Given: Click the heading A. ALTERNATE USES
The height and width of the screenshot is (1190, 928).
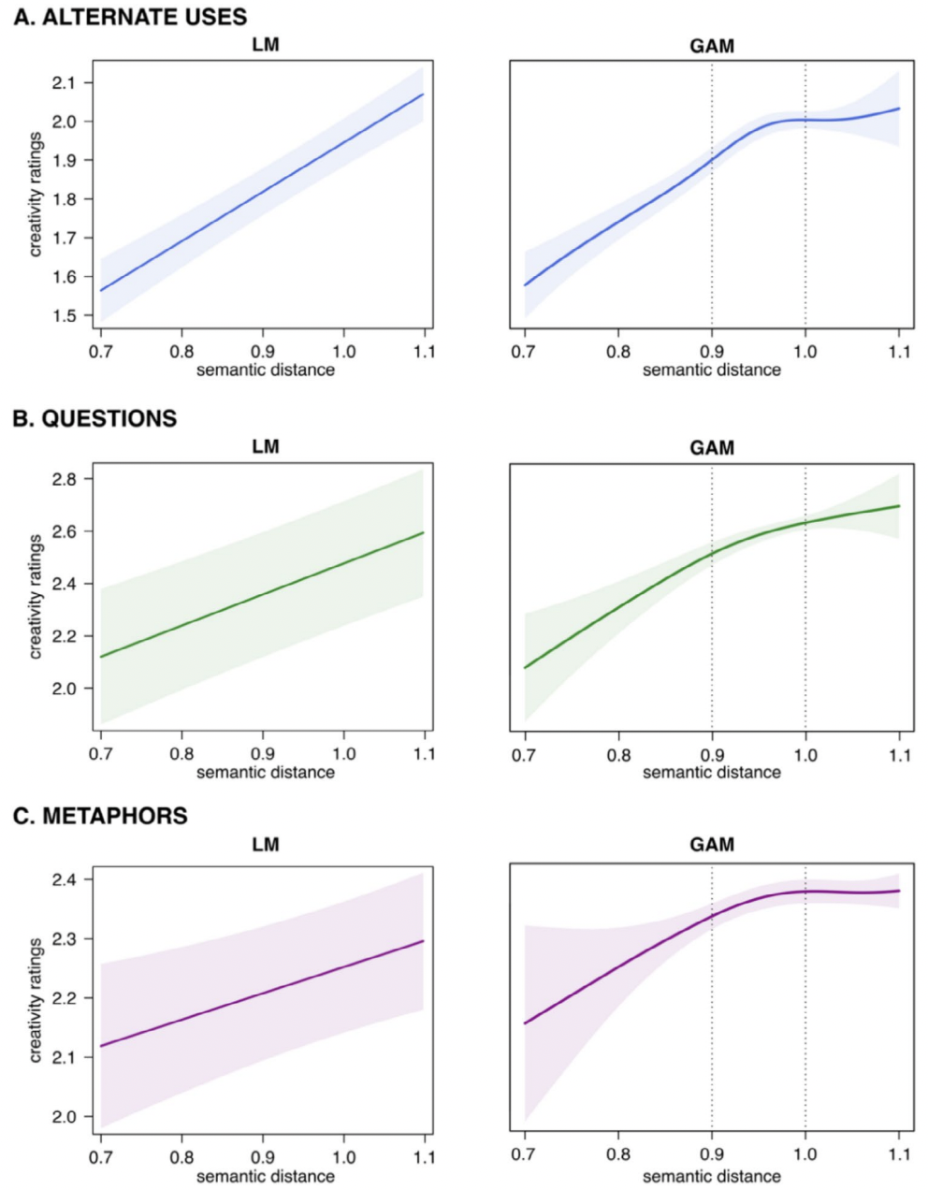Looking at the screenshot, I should point(130,16).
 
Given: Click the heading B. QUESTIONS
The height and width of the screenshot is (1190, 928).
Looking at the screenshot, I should point(94,418).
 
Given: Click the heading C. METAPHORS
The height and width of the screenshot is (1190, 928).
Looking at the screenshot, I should point(100,816).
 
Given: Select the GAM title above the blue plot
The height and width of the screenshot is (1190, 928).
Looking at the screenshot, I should point(711,46).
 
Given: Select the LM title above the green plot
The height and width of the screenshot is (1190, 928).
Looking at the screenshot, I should point(266,446).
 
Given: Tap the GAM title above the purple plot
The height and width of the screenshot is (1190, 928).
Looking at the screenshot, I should point(711,845).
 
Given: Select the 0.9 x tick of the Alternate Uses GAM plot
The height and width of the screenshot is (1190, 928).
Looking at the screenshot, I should point(712,352).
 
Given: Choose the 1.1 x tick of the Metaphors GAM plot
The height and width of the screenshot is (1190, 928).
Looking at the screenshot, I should point(899,1154).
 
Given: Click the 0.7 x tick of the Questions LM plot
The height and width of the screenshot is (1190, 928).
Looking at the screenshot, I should point(101,754).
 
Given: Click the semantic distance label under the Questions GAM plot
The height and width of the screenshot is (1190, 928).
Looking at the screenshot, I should point(711,772).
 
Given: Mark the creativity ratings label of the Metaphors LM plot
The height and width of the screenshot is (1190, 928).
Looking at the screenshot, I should point(36,999).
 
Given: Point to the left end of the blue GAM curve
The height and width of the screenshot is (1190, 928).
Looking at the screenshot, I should point(525,284).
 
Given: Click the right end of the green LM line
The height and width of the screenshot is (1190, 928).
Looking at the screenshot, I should point(424,533).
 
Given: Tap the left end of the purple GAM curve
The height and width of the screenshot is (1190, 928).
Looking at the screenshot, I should point(525,1023).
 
